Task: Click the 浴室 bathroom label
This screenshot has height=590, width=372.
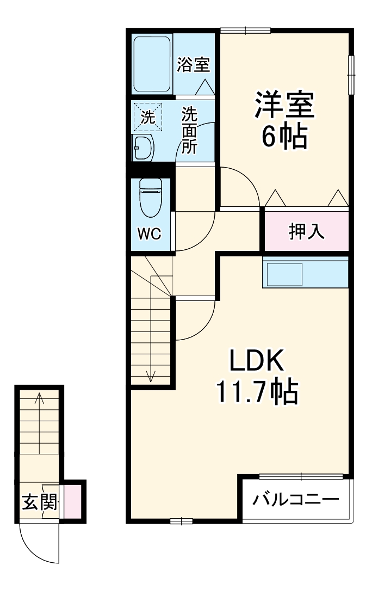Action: [193, 65]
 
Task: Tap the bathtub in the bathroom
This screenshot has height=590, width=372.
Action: [153, 64]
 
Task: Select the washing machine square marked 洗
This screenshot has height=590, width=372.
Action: [148, 116]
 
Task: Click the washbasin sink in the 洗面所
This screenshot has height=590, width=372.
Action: [143, 147]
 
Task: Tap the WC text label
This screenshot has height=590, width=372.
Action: [148, 234]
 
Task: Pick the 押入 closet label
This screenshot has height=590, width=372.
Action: [306, 231]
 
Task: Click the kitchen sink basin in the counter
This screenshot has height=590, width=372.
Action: [283, 274]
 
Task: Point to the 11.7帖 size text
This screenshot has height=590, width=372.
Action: [257, 391]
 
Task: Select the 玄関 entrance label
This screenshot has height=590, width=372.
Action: [39, 502]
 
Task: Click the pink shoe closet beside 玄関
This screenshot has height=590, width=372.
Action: [73, 501]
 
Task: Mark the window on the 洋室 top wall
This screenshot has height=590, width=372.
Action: [244, 30]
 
